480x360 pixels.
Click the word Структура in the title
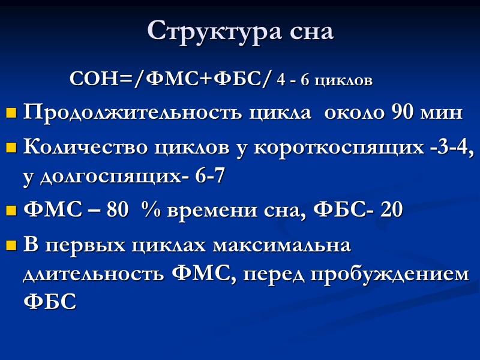click(x=203, y=31)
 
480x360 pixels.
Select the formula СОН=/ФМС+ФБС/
click(x=171, y=79)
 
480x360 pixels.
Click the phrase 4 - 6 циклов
click(x=325, y=80)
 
